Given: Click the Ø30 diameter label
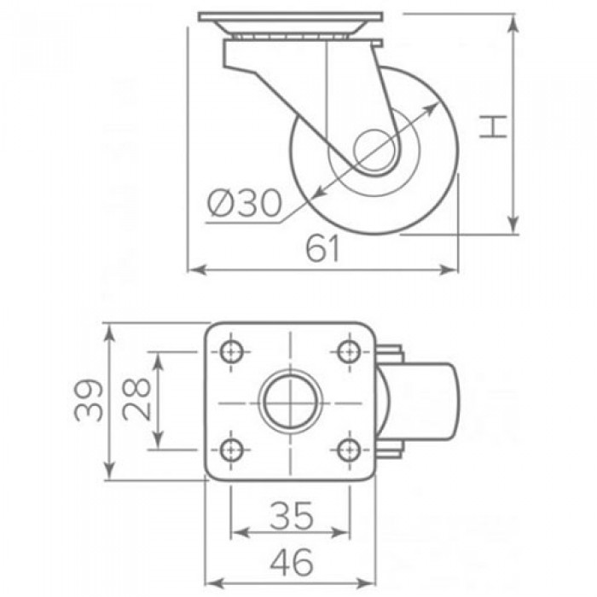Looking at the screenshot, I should pos(245,204).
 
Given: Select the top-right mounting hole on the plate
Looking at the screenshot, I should pos(348,351).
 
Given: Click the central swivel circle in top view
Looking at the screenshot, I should pos(289,401).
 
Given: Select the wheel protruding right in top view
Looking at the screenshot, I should pos(431,401).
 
